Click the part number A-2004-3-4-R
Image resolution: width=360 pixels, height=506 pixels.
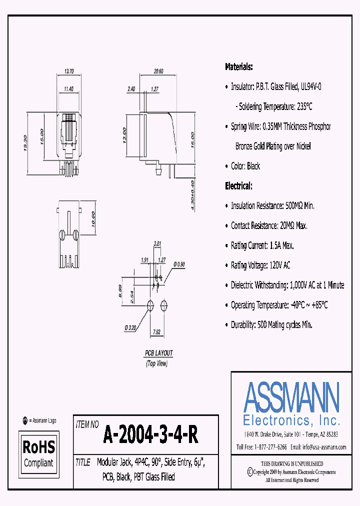(x=150, y=435)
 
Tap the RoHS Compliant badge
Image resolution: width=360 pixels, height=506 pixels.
(x=39, y=453)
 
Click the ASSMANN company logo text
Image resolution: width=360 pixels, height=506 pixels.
(x=291, y=397)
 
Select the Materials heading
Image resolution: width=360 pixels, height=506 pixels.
(x=238, y=66)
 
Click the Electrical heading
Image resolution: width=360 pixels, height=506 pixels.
(x=238, y=186)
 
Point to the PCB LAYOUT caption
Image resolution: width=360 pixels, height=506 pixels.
(x=158, y=353)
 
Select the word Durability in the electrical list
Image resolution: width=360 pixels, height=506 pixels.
(x=242, y=325)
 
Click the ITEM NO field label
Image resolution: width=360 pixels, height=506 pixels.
(x=86, y=424)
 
